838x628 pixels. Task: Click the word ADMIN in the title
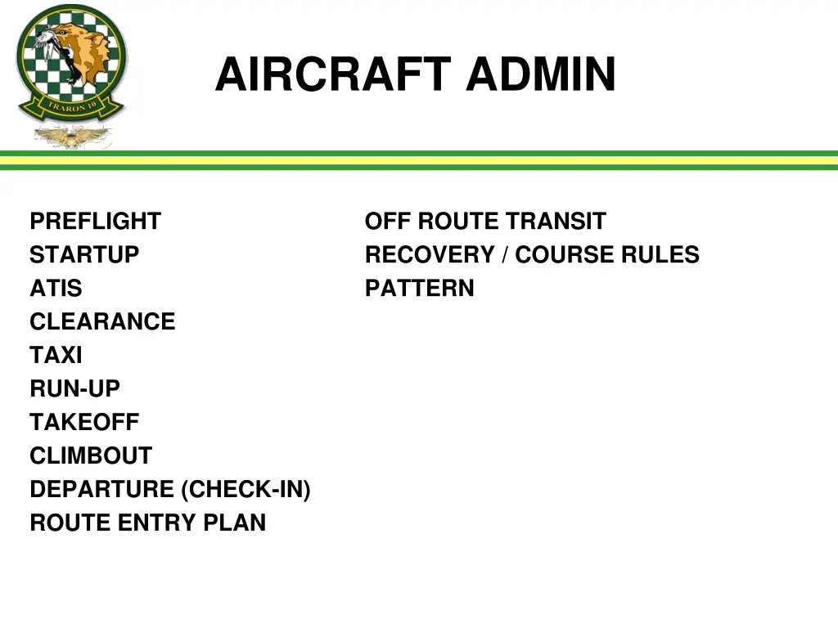click(541, 75)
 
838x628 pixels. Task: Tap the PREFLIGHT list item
click(95, 222)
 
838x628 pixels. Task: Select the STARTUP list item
click(84, 255)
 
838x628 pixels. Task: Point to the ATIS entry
click(56, 289)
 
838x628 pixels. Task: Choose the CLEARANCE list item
click(102, 322)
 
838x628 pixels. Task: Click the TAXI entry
click(56, 356)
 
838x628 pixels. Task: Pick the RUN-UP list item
click(74, 389)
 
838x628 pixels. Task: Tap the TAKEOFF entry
click(84, 423)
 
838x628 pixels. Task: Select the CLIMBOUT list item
click(91, 456)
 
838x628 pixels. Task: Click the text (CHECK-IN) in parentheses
click(246, 490)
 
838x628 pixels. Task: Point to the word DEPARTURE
click(102, 490)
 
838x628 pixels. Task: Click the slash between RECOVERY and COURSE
click(505, 255)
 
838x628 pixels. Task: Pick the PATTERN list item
click(419, 289)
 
